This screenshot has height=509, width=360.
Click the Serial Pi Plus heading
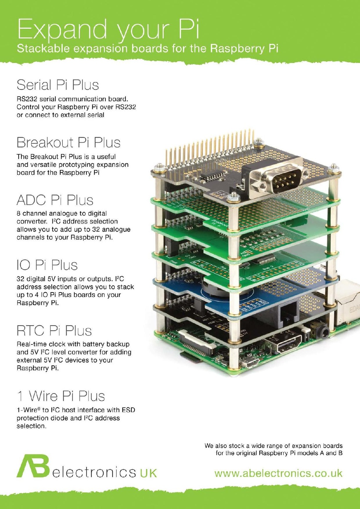58,85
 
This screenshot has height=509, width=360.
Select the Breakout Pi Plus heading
68,143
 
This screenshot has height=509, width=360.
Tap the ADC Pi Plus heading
55,200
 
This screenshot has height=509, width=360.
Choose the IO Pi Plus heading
47,265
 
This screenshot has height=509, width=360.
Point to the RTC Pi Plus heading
54,331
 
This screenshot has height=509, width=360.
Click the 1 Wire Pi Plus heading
61,396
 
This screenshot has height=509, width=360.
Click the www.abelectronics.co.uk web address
278,473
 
